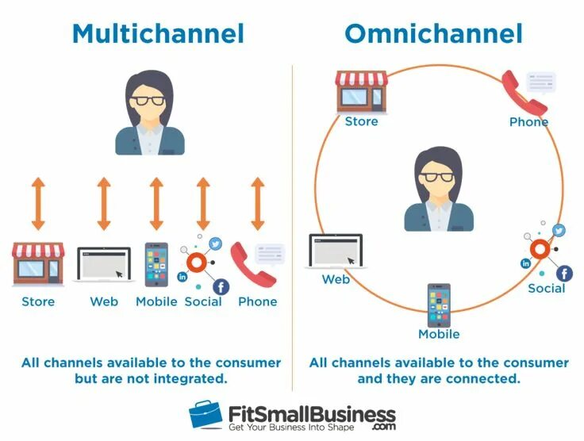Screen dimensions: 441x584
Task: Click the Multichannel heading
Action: [157, 33]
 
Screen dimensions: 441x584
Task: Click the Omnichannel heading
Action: [433, 33]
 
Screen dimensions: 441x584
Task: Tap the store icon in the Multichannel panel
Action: [37, 264]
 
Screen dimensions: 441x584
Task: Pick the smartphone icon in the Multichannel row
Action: [156, 264]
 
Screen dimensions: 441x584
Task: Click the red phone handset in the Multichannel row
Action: [252, 265]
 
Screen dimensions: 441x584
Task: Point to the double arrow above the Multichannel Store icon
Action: [37, 204]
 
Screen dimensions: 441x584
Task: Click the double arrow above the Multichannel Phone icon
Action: [257, 204]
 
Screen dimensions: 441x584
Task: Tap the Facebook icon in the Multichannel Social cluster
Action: [221, 287]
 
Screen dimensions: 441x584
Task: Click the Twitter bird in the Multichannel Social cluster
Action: [216, 244]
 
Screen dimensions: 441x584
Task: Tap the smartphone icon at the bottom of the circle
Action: [438, 305]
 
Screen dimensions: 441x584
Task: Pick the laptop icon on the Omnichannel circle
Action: [335, 251]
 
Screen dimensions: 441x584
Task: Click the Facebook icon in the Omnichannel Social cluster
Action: [564, 274]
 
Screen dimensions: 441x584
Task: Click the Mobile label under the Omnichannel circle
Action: [439, 334]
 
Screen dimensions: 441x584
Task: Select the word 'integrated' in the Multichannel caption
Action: [189, 378]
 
